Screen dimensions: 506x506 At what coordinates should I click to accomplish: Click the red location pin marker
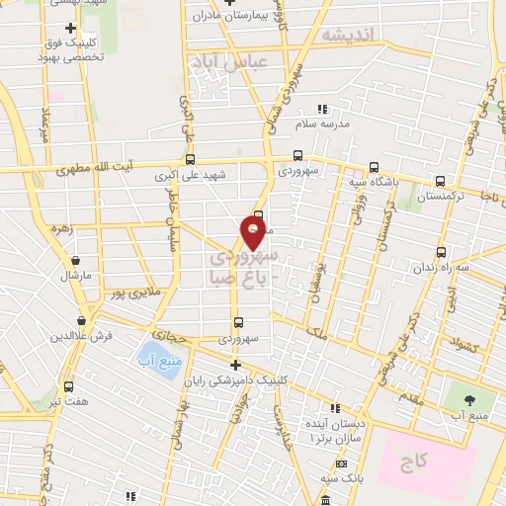[255, 233]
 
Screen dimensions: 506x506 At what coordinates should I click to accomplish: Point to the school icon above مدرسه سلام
[320, 109]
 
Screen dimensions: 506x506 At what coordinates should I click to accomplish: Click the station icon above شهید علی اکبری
[190, 158]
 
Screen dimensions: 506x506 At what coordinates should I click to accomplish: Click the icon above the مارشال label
[75, 261]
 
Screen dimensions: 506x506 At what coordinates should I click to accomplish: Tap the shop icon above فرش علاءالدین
[80, 321]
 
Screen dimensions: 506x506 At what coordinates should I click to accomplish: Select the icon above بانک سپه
[341, 464]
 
